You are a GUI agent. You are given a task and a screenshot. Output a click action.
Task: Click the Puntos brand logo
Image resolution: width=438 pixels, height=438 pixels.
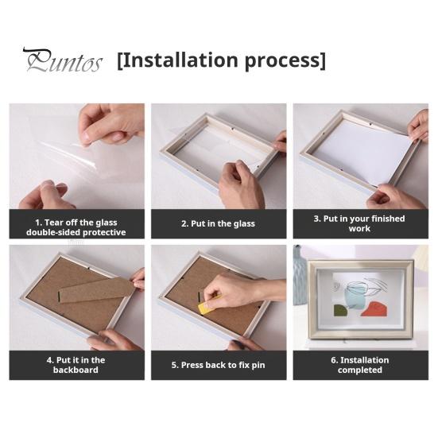pos(62,60)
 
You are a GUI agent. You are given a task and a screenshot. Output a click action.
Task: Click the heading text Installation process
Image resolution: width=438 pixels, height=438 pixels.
pos(221,60)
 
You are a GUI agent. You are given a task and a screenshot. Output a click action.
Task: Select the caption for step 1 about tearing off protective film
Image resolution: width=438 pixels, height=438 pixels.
pos(76,227)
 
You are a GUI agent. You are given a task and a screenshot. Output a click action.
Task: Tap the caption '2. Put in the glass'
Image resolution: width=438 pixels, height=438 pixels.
pos(218,224)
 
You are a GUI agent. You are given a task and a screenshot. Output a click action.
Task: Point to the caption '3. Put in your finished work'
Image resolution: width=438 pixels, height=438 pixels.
pos(359,223)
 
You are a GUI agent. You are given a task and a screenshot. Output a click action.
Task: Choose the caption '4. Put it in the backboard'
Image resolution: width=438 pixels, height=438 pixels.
pos(76,365)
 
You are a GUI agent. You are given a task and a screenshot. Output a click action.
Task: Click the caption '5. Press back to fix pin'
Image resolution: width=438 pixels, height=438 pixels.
pos(218,365)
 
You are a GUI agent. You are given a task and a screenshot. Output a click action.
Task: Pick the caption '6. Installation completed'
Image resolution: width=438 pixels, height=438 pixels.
pos(359,365)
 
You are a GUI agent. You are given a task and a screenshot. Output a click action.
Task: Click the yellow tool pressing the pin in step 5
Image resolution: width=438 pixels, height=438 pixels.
pos(209,304)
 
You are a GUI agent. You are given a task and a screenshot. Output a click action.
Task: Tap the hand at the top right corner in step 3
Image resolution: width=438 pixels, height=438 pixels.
pos(419,125)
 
